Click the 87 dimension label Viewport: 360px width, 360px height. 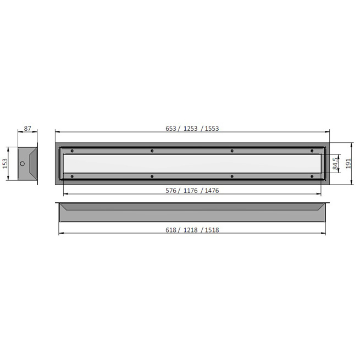point(27,129)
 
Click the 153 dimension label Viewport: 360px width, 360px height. point(5,163)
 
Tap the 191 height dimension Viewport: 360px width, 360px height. point(348,163)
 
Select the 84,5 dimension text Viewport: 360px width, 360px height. point(335,163)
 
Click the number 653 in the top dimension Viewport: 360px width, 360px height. point(171,129)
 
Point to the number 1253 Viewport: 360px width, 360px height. point(190,129)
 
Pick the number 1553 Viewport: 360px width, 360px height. point(212,129)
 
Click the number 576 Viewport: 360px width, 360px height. point(171,191)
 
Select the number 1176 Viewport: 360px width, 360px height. point(190,191)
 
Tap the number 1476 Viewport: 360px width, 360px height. point(212,191)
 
